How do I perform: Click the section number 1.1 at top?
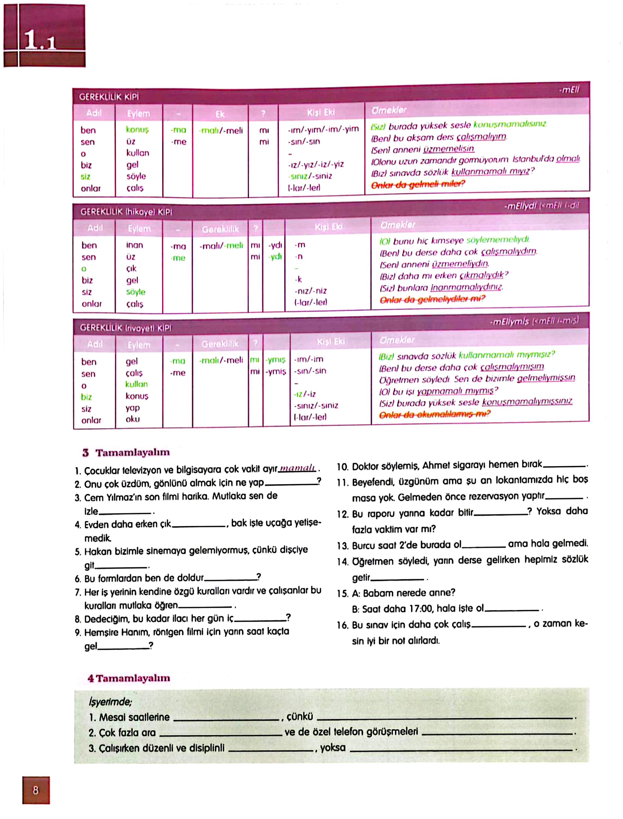[x=40, y=40]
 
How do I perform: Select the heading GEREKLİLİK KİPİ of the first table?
[x=109, y=97]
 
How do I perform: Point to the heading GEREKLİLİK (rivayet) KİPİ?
[x=126, y=328]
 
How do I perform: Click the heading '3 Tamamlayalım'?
[x=126, y=452]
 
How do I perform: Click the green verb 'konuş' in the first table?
[x=137, y=130]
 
